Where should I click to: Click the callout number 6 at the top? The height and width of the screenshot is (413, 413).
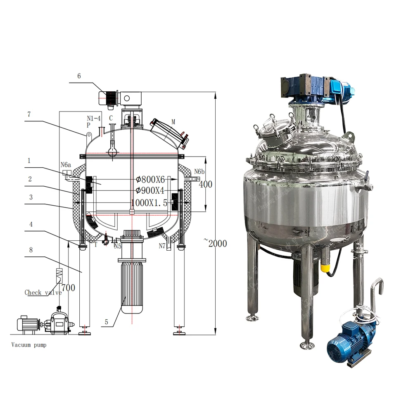pyautogui.click(x=79, y=76)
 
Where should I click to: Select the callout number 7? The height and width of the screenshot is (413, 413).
pyautogui.click(x=28, y=114)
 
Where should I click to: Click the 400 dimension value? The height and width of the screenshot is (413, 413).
pyautogui.click(x=206, y=184)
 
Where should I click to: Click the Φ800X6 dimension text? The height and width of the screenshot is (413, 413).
pyautogui.click(x=150, y=179)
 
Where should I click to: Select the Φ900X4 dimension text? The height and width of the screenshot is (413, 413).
pyautogui.click(x=150, y=191)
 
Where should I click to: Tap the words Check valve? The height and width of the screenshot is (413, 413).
pyautogui.click(x=43, y=292)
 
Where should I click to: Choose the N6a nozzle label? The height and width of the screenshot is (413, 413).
pyautogui.click(x=66, y=165)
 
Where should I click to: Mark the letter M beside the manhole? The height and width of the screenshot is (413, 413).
pyautogui.click(x=173, y=121)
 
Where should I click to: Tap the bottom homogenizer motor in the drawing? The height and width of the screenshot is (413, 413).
pyautogui.click(x=132, y=285)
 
